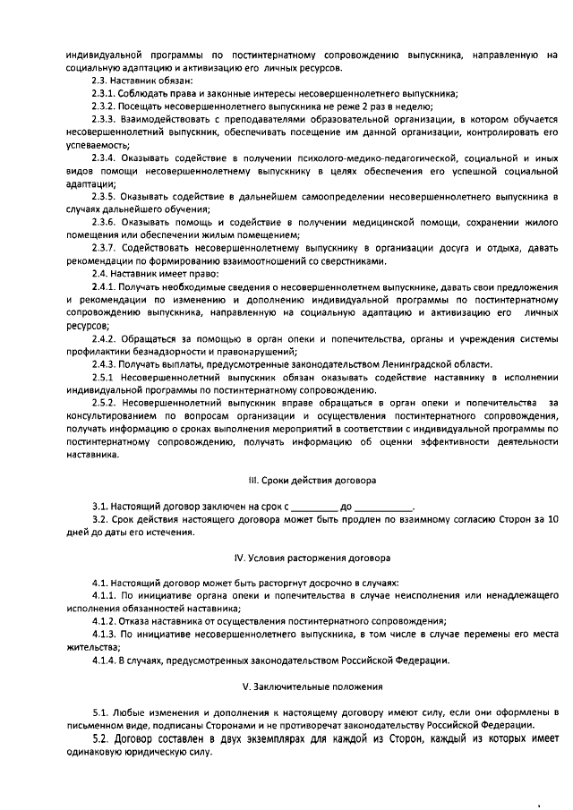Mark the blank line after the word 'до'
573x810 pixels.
(384, 507)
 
